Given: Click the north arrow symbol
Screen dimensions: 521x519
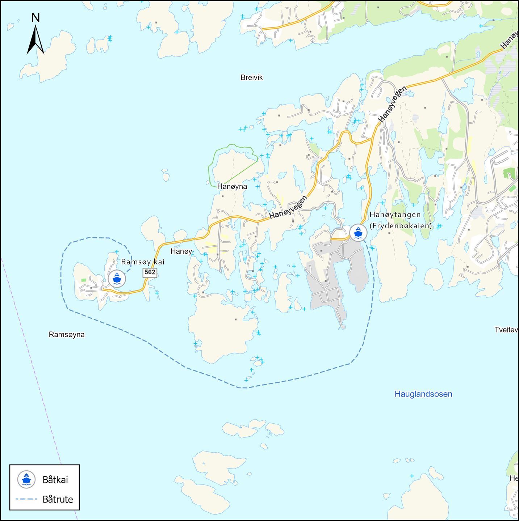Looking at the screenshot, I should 35,41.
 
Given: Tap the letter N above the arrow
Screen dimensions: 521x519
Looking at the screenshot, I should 35,18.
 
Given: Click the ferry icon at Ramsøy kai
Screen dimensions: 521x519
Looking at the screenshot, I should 117,279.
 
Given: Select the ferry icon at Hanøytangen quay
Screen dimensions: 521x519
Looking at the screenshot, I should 358,233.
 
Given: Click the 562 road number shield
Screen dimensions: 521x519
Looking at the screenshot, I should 150,272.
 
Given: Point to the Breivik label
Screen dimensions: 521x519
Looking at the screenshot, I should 251,77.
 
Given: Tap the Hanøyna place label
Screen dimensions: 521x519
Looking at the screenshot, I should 232,186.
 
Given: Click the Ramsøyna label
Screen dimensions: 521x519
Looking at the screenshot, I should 67,335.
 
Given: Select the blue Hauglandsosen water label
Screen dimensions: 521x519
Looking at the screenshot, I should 423,394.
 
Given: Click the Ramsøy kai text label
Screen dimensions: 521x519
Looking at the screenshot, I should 143,262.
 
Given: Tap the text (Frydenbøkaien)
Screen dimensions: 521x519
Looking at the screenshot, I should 401,226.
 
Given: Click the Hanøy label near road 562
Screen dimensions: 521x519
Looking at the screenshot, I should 181,251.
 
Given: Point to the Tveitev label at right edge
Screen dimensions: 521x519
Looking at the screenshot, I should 506,330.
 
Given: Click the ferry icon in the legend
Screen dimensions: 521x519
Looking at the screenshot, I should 26,479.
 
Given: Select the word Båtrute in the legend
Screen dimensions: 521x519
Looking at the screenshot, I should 58,499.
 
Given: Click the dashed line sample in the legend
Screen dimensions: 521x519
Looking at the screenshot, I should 26,499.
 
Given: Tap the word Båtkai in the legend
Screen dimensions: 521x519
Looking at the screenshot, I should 55,480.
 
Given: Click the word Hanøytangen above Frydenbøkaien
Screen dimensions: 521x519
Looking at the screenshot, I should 395,215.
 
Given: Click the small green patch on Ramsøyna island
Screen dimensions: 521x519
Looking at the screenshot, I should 84,280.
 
